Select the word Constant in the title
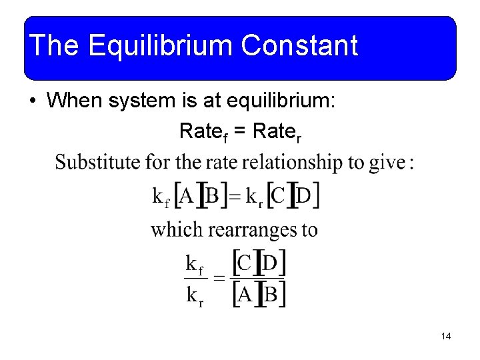click(x=300, y=47)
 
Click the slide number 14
click(x=446, y=337)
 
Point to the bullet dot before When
click(x=33, y=102)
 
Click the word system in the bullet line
click(x=138, y=101)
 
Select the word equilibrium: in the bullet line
click(x=288, y=101)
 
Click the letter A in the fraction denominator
click(x=245, y=295)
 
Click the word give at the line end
click(x=389, y=162)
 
